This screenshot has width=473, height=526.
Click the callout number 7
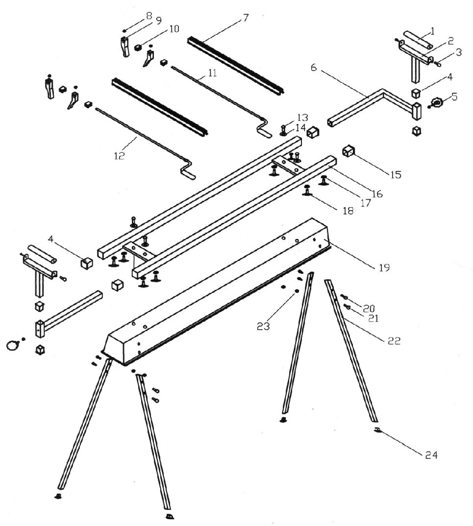pos(245,18)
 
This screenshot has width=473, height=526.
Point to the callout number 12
pos(119,156)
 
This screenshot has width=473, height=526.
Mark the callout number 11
pos(212,73)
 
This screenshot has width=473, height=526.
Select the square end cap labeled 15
pos(349,151)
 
